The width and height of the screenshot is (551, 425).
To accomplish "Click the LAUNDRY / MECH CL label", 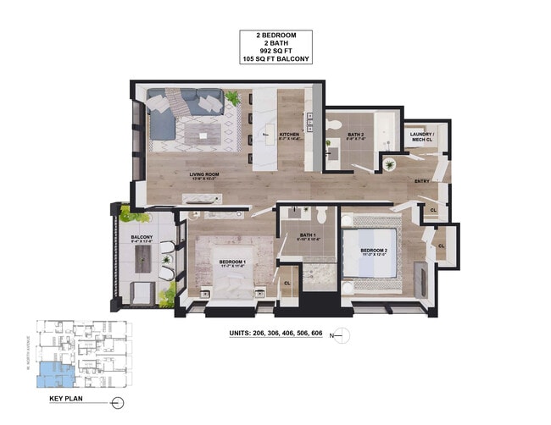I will coord(422,136).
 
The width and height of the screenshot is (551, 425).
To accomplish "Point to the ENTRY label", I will coord(420,181).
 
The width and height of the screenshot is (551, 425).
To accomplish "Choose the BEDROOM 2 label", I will coord(374,251).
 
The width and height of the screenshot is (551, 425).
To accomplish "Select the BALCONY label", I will coord(141,237).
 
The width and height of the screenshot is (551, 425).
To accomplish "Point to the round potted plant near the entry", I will coord(389,163).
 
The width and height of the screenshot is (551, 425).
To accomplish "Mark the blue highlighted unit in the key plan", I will coord(50,371).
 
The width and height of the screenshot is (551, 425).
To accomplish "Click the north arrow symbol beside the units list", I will coord(343,331).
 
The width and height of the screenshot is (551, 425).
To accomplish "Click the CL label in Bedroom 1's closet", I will coord(287,283).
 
